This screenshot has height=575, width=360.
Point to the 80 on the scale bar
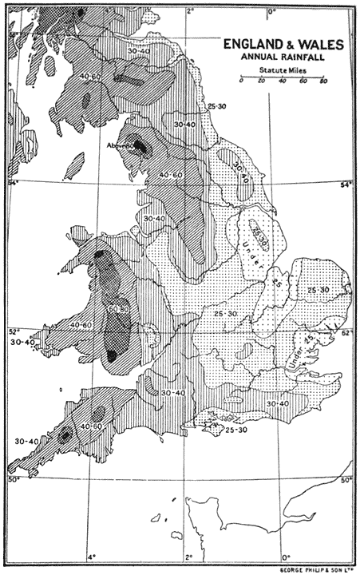point(322,82)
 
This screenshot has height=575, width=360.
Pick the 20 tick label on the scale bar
point(261,82)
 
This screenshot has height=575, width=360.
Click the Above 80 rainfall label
point(121,146)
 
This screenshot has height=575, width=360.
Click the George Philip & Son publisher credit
point(312,569)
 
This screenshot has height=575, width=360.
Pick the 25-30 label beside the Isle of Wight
point(236,430)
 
